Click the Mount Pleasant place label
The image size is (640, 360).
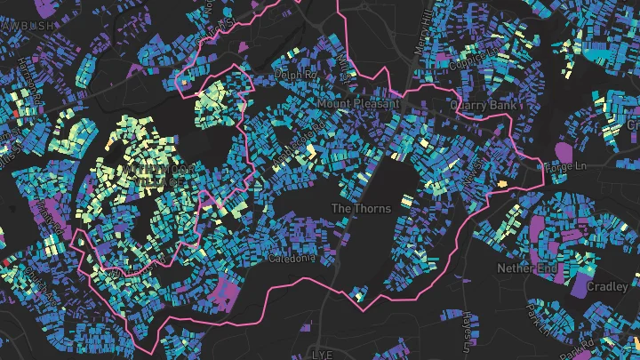pyautogui.click(x=360, y=104)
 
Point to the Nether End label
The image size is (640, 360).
pyautogui.click(x=527, y=267)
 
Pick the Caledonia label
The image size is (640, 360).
pyautogui.click(x=292, y=259)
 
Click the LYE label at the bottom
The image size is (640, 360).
pyautogui.click(x=321, y=353)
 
